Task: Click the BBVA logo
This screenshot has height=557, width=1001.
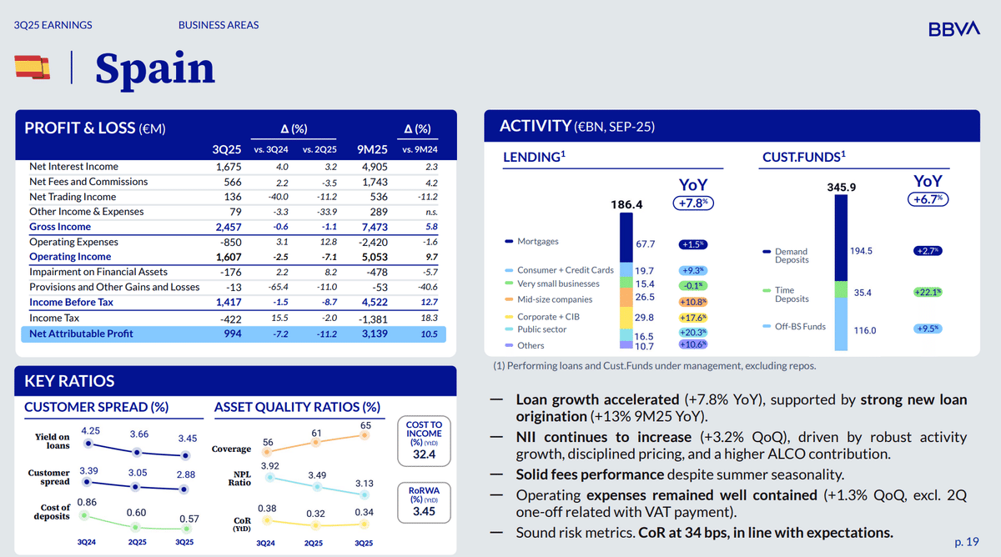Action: (953, 29)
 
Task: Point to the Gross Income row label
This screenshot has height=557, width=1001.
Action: (60, 227)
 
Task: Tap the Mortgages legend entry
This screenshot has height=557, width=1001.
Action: (537, 242)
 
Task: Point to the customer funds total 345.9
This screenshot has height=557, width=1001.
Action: (841, 188)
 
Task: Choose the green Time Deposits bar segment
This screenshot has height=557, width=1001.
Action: (841, 292)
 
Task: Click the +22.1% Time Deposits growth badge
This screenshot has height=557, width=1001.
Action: (927, 292)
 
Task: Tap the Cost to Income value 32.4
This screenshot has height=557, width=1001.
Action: (424, 454)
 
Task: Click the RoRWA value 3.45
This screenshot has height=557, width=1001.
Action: (424, 511)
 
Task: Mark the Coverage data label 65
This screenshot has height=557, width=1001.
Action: (365, 426)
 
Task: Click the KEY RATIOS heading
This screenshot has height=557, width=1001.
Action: (69, 381)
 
